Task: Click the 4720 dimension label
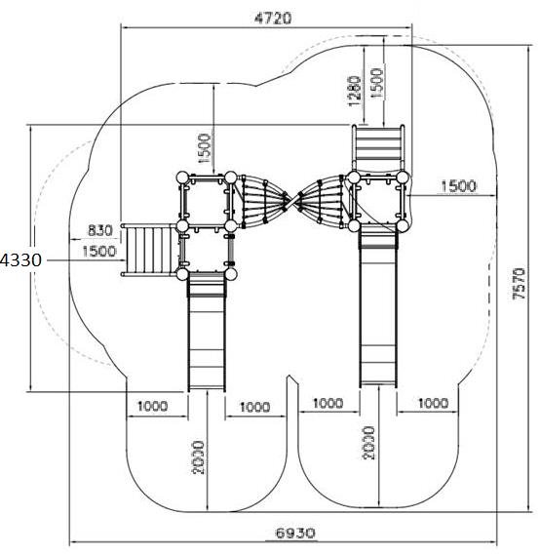(273, 19)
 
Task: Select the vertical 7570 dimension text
(520, 284)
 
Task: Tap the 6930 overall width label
(295, 533)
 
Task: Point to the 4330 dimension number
(20, 259)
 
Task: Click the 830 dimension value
(100, 231)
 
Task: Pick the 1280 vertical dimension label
(355, 91)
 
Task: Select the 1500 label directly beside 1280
(377, 83)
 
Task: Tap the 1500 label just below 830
(99, 251)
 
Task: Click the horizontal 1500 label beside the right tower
(458, 186)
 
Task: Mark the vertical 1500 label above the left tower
(205, 148)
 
